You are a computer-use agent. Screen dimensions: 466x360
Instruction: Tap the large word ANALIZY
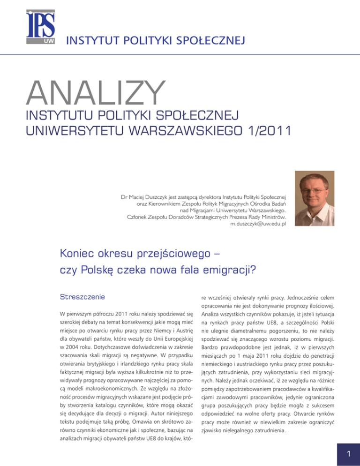[x=99, y=91]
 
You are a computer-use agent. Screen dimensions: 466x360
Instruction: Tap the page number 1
[x=344, y=450]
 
